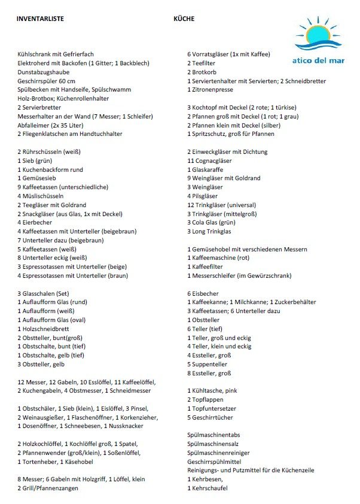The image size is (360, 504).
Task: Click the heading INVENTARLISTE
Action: pos(39,19)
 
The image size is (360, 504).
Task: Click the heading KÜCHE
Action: pos(184,19)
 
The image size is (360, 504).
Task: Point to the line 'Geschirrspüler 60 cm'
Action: pos(47,81)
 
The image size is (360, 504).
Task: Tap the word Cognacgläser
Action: pos(215,160)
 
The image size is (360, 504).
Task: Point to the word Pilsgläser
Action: pos(209,196)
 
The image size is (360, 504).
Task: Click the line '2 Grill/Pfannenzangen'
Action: pos(48,488)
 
